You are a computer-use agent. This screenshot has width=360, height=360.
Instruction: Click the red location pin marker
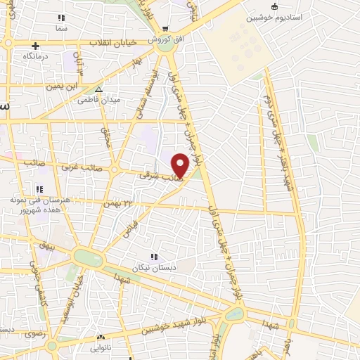click(180, 165)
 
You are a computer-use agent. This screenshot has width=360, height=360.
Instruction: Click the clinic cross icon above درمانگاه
click(34, 46)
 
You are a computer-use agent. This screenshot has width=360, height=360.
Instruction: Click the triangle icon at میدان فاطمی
click(98, 89)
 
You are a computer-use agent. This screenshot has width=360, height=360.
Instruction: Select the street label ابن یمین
click(60, 86)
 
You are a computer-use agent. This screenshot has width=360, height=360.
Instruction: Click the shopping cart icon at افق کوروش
click(165, 30)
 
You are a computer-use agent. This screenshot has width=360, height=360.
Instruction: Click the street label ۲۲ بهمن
click(119, 202)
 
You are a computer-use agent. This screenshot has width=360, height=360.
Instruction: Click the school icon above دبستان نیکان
click(153, 257)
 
